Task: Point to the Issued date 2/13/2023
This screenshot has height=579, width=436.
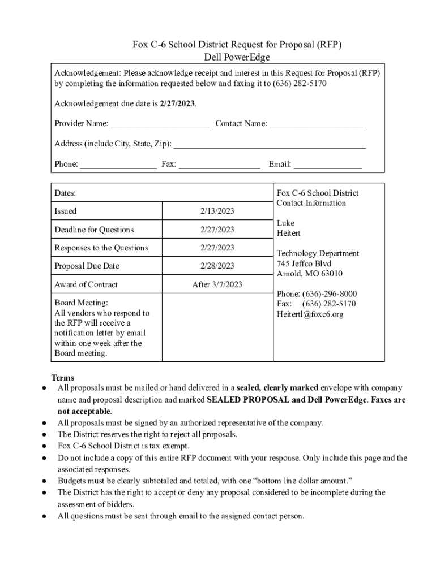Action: (x=217, y=211)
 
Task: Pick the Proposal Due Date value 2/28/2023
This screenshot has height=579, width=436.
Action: (x=217, y=266)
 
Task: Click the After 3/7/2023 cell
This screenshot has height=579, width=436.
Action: (x=217, y=284)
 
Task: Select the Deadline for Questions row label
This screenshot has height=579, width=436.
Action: (x=94, y=230)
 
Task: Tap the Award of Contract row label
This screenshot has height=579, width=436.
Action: (x=86, y=284)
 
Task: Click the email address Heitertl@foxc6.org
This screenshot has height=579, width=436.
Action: (x=310, y=314)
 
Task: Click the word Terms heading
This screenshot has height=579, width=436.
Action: (x=62, y=377)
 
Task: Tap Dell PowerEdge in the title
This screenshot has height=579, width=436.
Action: (x=237, y=57)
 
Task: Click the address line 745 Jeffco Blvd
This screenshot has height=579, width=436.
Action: (x=304, y=264)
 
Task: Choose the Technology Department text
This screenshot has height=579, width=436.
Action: (x=318, y=254)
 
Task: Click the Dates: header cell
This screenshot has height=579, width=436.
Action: (x=65, y=193)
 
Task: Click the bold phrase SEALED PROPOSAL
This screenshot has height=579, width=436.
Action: (x=248, y=400)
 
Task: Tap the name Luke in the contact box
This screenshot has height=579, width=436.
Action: (x=285, y=223)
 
